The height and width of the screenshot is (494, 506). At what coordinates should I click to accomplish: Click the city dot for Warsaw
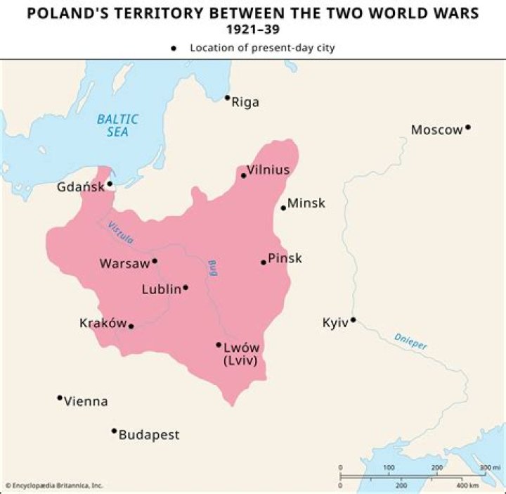pyautogui.click(x=155, y=260)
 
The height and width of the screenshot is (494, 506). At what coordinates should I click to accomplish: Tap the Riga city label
pyautogui.click(x=245, y=102)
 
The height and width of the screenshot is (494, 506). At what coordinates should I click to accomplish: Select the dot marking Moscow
pyautogui.click(x=468, y=127)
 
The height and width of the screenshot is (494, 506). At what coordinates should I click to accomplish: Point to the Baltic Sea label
pyautogui.click(x=117, y=125)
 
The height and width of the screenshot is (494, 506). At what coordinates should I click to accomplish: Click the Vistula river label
pyautogui.click(x=119, y=232)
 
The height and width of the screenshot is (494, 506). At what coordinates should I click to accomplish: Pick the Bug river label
pyautogui.click(x=212, y=267)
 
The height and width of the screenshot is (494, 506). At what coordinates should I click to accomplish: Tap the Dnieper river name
pyautogui.click(x=410, y=341)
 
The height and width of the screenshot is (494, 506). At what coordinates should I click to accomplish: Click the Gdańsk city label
pyautogui.click(x=80, y=187)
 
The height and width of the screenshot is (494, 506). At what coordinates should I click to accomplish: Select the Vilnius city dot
pyautogui.click(x=244, y=175)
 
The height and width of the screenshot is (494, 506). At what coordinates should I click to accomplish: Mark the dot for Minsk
pyautogui.click(x=283, y=208)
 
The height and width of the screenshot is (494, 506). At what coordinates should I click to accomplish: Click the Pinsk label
pyautogui.click(x=285, y=258)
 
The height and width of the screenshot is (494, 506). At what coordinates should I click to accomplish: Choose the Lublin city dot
pyautogui.click(x=186, y=287)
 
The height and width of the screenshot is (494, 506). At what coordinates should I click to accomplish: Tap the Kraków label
pyautogui.click(x=103, y=324)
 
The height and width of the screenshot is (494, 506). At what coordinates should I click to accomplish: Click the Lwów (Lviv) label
pyautogui.click(x=241, y=354)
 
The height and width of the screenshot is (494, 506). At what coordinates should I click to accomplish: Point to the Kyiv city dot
pyautogui.click(x=353, y=319)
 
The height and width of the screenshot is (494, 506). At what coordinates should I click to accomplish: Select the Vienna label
pyautogui.click(x=86, y=402)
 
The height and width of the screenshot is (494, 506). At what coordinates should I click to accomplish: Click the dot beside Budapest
pyautogui.click(x=114, y=431)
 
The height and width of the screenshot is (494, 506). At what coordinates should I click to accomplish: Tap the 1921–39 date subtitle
pyautogui.click(x=252, y=30)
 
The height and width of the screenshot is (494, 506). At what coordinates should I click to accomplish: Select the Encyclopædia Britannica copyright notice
pyautogui.click(x=54, y=486)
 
